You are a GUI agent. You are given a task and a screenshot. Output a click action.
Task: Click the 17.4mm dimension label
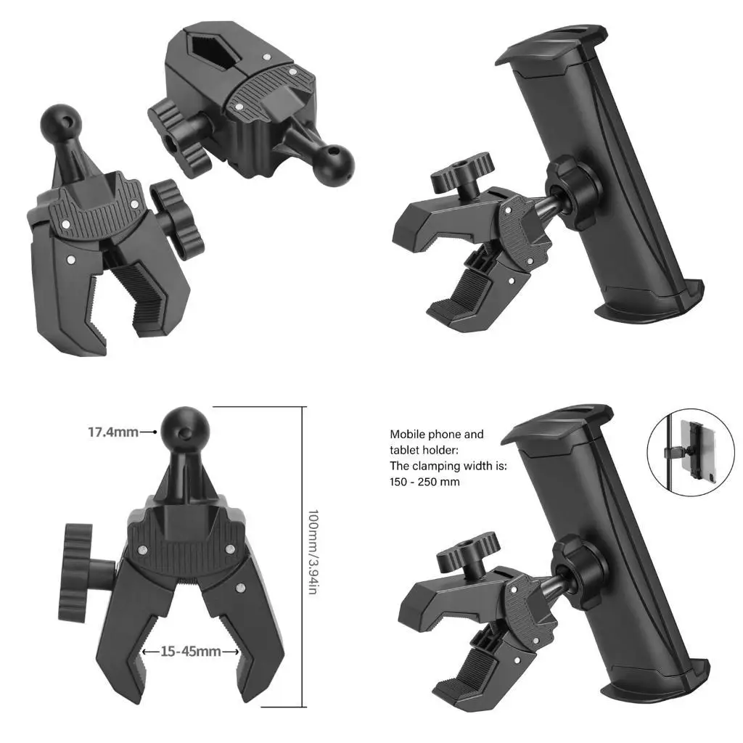112,432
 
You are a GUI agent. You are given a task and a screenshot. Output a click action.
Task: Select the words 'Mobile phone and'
436,435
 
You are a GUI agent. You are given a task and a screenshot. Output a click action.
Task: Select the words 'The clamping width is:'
448,466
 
